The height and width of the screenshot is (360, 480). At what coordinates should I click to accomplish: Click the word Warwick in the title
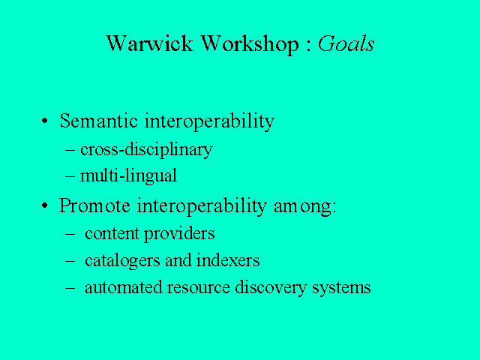tap(150, 43)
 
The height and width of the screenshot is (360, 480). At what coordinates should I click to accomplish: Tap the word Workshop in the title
tap(249, 45)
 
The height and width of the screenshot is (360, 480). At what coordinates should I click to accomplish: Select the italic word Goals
tap(346, 43)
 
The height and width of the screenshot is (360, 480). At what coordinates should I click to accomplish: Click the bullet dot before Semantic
tap(45, 121)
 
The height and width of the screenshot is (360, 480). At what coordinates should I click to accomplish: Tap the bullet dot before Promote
tap(45, 205)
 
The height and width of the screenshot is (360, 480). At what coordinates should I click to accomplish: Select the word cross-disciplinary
tap(146, 150)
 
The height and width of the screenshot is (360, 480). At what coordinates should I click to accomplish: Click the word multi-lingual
tap(128, 176)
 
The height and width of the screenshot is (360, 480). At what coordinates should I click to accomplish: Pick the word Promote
tap(94, 205)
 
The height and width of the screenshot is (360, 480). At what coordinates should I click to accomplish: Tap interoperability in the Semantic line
tap(209, 121)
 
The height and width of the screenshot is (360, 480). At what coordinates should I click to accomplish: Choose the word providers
tap(179, 235)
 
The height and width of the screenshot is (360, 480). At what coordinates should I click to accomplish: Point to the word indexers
tap(228, 260)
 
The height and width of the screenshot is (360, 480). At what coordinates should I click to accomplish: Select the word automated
tap(124, 287)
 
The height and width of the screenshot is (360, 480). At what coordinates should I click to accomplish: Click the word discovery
tap(271, 288)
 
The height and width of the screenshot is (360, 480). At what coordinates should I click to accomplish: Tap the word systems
tap(341, 289)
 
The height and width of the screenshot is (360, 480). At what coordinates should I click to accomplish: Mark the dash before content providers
tap(70, 235)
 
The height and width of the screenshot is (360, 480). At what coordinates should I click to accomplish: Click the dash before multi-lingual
tap(70, 177)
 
